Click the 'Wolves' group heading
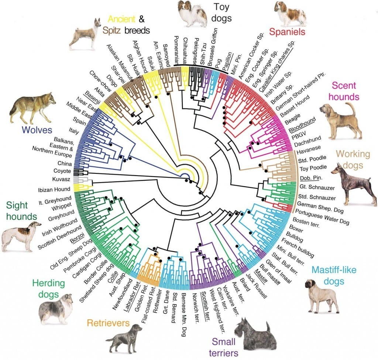tap(37, 130)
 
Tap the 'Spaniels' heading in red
tap(287, 32)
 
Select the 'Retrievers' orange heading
tap(108, 323)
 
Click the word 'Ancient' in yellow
tap(121, 19)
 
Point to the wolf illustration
tap(32, 108)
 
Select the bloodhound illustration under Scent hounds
tap(341, 122)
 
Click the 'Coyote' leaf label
tap(62, 171)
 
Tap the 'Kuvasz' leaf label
tap(61, 179)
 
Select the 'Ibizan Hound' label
tap(54, 190)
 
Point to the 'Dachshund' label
tap(307, 141)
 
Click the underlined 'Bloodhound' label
tap(302, 125)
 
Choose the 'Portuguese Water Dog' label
tap(322, 217)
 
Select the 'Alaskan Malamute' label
tap(120, 62)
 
